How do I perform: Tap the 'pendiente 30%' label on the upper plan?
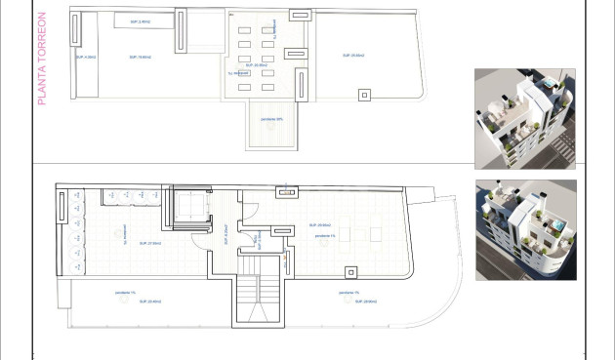[272, 119]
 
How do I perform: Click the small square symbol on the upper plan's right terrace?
[365, 95]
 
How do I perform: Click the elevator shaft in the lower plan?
[189, 209]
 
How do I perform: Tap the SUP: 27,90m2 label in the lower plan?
[149, 243]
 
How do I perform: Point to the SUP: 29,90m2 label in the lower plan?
[322, 225]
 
